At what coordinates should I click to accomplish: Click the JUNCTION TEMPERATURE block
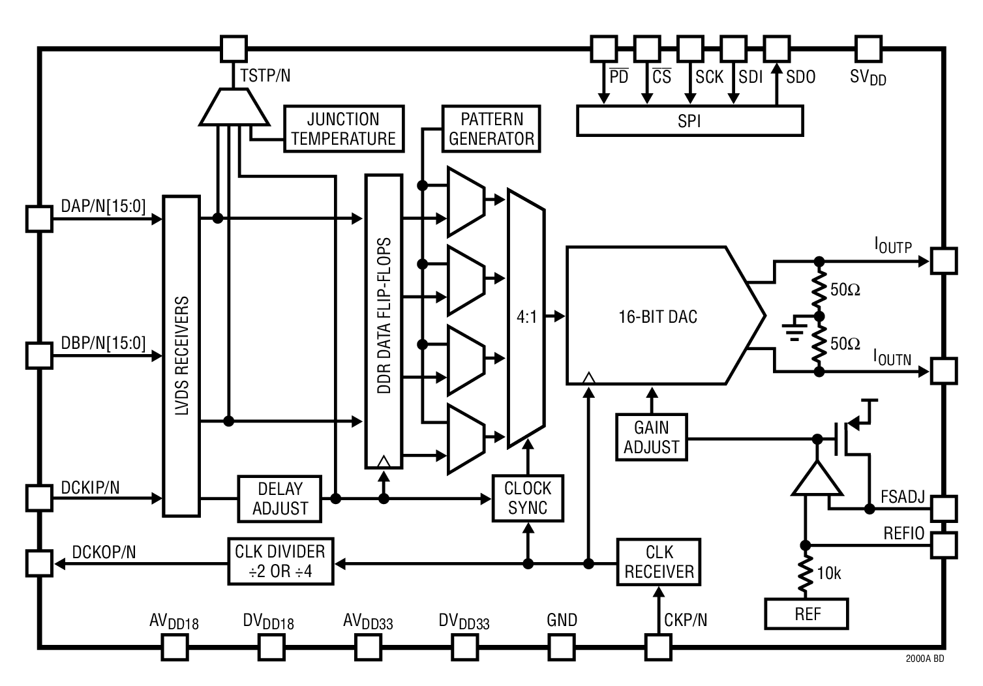(x=344, y=129)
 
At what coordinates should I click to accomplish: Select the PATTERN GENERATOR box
(x=491, y=129)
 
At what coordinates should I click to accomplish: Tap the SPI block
(x=689, y=121)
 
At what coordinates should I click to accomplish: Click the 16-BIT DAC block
(x=658, y=316)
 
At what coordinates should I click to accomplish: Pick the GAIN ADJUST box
(x=651, y=437)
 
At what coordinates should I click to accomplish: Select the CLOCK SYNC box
(x=528, y=498)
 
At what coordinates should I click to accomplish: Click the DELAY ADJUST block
(x=280, y=499)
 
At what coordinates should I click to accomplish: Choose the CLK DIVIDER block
(x=280, y=561)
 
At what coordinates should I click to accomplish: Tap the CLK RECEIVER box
(x=659, y=562)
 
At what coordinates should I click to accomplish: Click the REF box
(x=807, y=614)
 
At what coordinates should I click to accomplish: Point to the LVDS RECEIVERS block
(x=181, y=356)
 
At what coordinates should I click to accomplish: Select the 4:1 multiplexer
(x=526, y=318)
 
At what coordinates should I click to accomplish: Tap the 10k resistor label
(x=829, y=573)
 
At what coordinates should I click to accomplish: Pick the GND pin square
(x=562, y=648)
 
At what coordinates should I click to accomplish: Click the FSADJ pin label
(x=902, y=497)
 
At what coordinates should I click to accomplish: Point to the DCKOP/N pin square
(x=39, y=563)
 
